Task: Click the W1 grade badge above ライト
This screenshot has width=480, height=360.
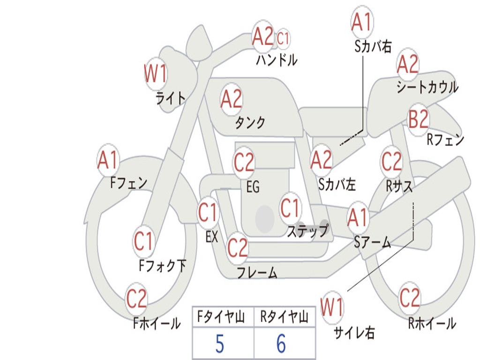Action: point(156,74)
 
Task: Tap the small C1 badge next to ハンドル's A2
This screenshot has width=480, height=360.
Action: point(283,39)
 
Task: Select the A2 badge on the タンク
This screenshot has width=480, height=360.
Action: point(232,99)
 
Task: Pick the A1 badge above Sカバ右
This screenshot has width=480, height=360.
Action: point(362,22)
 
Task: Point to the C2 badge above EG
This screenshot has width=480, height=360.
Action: point(244,162)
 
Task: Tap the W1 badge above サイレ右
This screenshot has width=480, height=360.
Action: point(332,307)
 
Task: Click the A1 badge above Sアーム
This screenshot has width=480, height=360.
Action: point(358,217)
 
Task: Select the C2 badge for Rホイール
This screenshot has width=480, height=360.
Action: point(409,298)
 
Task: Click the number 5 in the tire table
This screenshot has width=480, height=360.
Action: point(220,344)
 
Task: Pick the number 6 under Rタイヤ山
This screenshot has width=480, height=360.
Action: point(281,344)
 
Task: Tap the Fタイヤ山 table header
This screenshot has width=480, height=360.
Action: point(221,316)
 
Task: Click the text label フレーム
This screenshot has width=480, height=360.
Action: point(257,272)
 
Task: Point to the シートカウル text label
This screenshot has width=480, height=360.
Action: point(427,87)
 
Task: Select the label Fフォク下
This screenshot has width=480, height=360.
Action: point(162,265)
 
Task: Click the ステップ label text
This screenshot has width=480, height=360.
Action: point(307,231)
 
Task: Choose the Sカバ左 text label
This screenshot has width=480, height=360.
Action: point(337,185)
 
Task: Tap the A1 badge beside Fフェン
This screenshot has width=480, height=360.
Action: point(108,160)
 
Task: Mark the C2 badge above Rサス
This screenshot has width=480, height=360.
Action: point(391,161)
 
